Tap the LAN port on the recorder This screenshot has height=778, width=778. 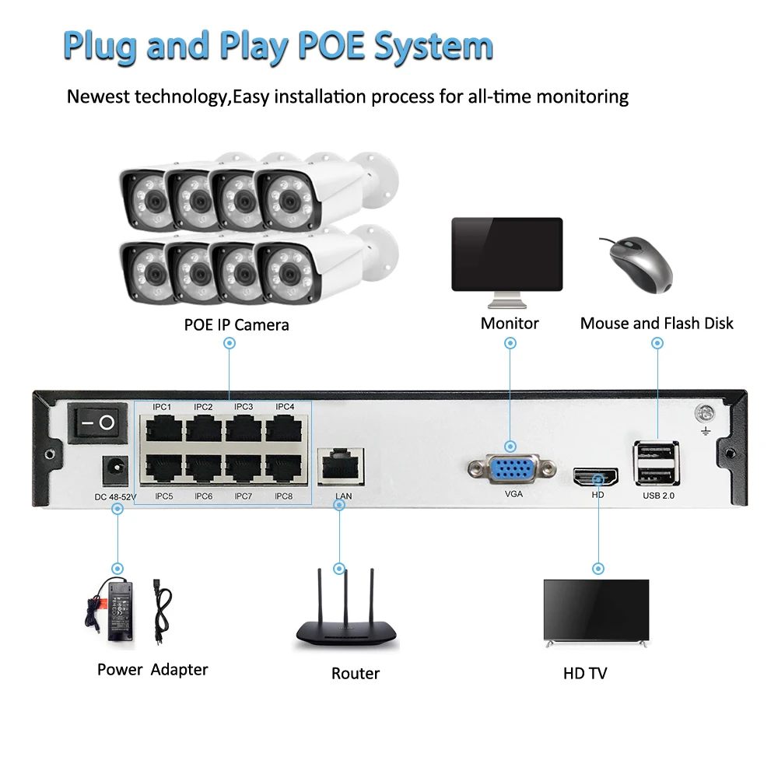[343, 464]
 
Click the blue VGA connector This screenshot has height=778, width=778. [511, 469]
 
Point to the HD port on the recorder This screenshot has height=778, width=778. [596, 476]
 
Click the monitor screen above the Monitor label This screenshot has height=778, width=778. [507, 254]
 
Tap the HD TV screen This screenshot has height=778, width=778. [595, 609]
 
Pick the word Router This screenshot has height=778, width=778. [356, 673]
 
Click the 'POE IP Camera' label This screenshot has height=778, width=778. [237, 324]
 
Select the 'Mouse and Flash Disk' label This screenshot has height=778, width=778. [657, 323]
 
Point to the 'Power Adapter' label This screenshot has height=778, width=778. [152, 669]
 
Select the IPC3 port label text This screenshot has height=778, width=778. [244, 407]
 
